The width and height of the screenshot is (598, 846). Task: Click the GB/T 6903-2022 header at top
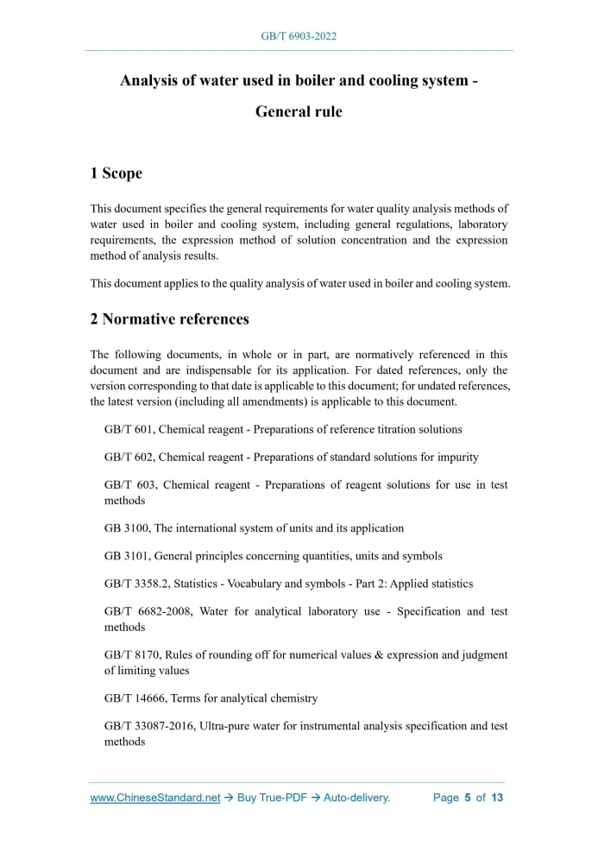[x=299, y=36]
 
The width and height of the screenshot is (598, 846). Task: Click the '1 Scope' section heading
[x=116, y=174]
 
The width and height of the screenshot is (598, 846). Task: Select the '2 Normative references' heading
[x=169, y=319]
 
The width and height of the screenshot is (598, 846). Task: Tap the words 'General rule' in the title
[x=299, y=112]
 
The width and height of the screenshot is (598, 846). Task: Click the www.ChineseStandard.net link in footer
[x=155, y=798]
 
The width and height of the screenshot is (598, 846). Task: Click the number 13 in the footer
[x=497, y=798]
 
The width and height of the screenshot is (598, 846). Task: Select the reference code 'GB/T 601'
[x=128, y=429]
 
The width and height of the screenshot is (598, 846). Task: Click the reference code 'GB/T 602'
[x=128, y=457]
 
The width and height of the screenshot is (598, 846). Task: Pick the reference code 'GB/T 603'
[x=128, y=485]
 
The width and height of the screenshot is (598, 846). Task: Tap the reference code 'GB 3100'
[x=125, y=527]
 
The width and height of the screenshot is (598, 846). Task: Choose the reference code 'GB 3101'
[x=125, y=556]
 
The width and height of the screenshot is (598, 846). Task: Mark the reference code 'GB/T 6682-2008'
[x=148, y=611]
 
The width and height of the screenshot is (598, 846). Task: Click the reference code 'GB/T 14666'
[x=135, y=698]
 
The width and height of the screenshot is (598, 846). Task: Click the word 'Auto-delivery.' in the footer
[x=357, y=798]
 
